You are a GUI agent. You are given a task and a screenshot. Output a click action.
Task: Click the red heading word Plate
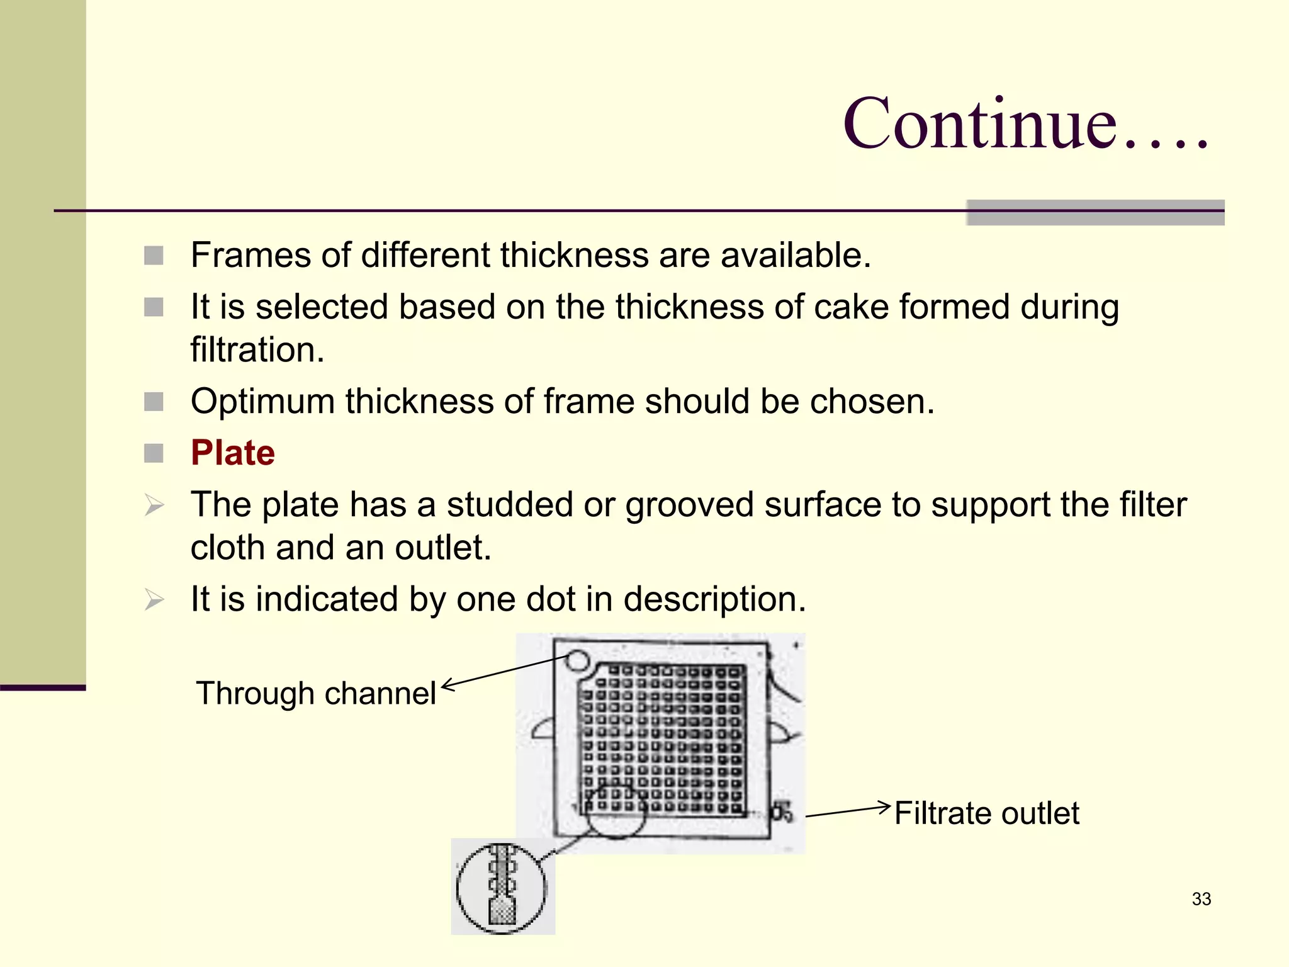pyautogui.click(x=232, y=453)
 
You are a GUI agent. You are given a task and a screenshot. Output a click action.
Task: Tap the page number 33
pyautogui.click(x=1201, y=899)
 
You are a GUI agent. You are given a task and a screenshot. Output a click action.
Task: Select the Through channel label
pyautogui.click(x=315, y=693)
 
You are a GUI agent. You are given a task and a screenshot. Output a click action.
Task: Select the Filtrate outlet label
pyautogui.click(x=986, y=813)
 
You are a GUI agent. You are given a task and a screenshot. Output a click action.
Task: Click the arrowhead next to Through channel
pyautogui.click(x=447, y=686)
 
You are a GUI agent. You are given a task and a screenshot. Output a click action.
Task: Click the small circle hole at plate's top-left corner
pyautogui.click(x=577, y=661)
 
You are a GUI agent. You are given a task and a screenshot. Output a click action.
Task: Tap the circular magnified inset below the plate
pyautogui.click(x=502, y=888)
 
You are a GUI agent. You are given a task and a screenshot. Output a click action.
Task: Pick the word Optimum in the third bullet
pyautogui.click(x=262, y=401)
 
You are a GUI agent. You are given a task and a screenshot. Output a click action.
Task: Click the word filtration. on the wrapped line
pyautogui.click(x=257, y=350)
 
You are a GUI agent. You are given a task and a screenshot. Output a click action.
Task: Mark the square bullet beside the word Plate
pyautogui.click(x=154, y=453)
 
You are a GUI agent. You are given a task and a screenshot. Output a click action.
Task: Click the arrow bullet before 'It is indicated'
pyautogui.click(x=154, y=599)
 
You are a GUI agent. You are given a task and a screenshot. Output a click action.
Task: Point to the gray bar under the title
pyautogui.click(x=1095, y=213)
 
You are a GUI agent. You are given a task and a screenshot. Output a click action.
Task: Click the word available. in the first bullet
pyautogui.click(x=796, y=255)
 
